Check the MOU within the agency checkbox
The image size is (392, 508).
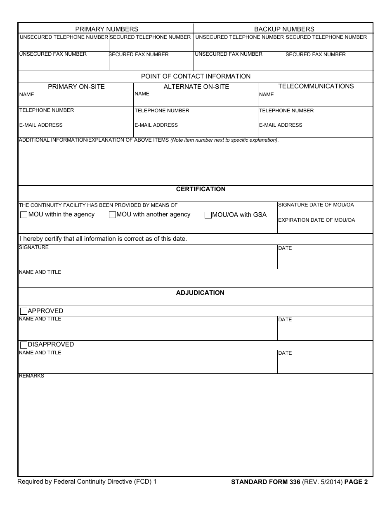tap(24, 215)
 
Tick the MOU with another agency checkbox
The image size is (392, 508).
tap(112, 215)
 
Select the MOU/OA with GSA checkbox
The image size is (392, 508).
tap(208, 215)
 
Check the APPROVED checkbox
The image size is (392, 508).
tap(24, 311)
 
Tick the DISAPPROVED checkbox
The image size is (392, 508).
tap(24, 345)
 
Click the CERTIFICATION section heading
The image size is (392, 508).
tap(201, 189)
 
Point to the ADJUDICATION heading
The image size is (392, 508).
tap(200, 293)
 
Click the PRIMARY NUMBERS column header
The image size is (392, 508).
tap(106, 29)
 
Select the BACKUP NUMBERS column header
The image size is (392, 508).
tap(284, 29)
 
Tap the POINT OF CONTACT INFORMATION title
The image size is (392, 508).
tap(196, 76)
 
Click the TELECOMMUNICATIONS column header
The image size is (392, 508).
tap(316, 86)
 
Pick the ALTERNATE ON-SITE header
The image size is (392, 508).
tap(196, 87)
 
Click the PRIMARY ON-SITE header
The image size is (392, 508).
tap(76, 87)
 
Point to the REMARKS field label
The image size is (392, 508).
tap(31, 376)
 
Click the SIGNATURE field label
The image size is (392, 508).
tap(34, 247)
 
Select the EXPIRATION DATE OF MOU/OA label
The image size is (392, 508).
tap(316, 220)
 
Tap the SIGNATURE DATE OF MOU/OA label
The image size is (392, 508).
tap(316, 205)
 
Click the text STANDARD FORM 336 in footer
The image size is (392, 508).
tap(265, 482)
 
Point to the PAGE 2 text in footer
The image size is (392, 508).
tap(356, 482)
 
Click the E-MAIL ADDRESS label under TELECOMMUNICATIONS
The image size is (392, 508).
tap(280, 125)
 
